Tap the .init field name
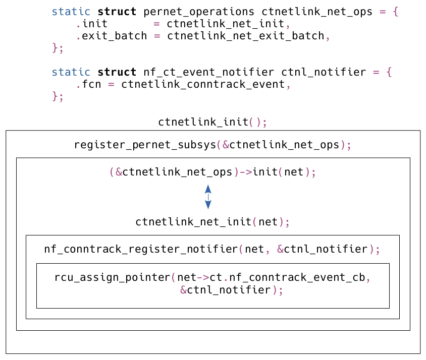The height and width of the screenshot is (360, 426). coord(91,24)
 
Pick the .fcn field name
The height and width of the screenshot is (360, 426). coord(88,84)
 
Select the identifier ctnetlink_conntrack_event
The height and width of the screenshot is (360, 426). coord(203,84)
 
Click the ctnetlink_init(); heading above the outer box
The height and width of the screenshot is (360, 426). coord(212,122)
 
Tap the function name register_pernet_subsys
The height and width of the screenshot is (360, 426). coord(144,145)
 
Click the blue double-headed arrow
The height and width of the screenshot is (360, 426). coord(208,197)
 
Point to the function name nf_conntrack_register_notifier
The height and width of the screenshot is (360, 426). coord(141,249)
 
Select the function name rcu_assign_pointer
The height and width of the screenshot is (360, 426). coord(113,278)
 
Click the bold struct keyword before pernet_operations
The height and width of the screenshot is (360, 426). coord(117,11)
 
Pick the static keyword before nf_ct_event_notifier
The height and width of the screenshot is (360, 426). coord(71,72)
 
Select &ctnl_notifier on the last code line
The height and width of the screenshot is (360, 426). coord(226,290)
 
